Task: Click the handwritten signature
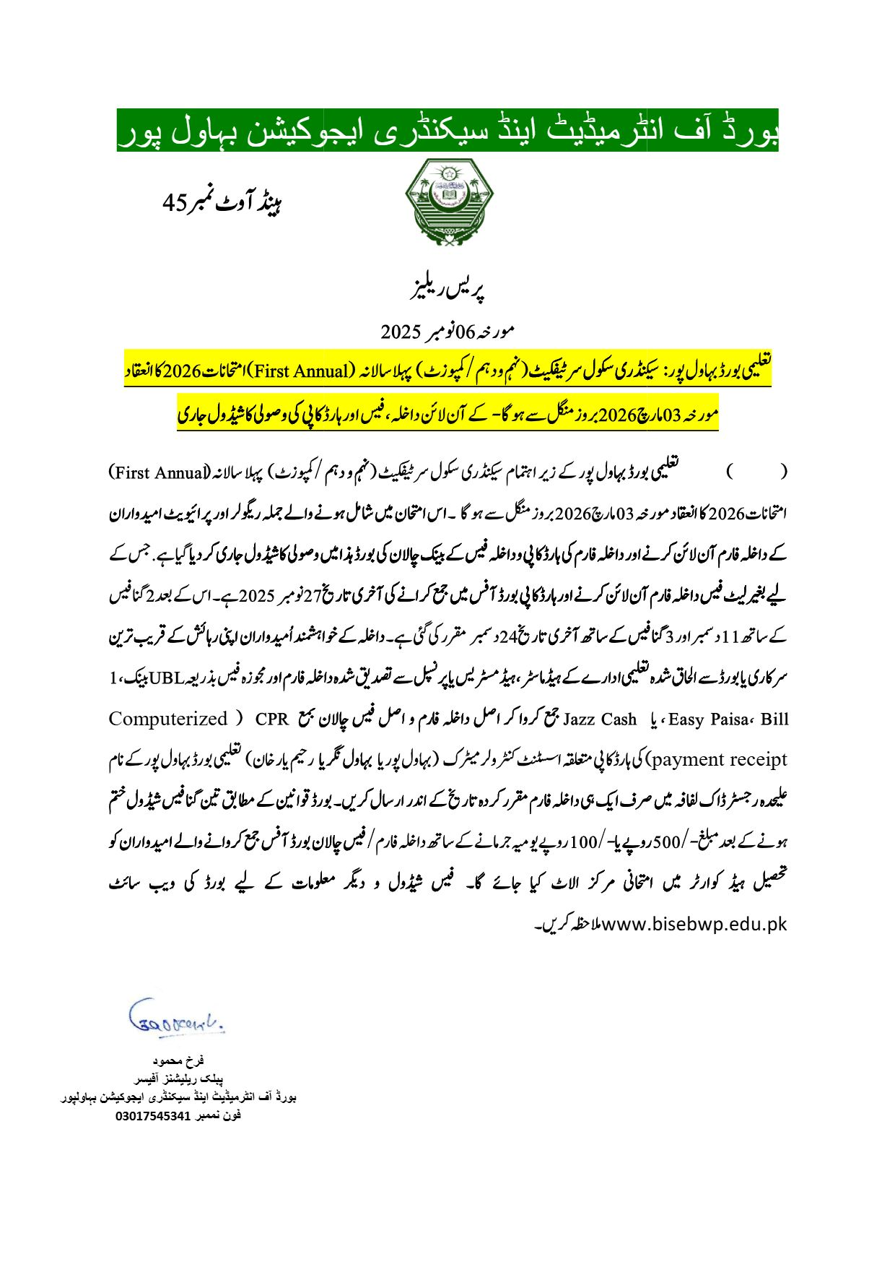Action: point(175,1019)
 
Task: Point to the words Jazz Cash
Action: point(599,719)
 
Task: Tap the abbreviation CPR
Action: point(271,719)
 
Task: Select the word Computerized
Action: point(167,719)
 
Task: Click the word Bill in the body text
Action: point(774,719)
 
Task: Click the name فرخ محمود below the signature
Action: point(178,1060)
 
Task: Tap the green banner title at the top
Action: point(447,131)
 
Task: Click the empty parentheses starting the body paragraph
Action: point(756,473)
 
